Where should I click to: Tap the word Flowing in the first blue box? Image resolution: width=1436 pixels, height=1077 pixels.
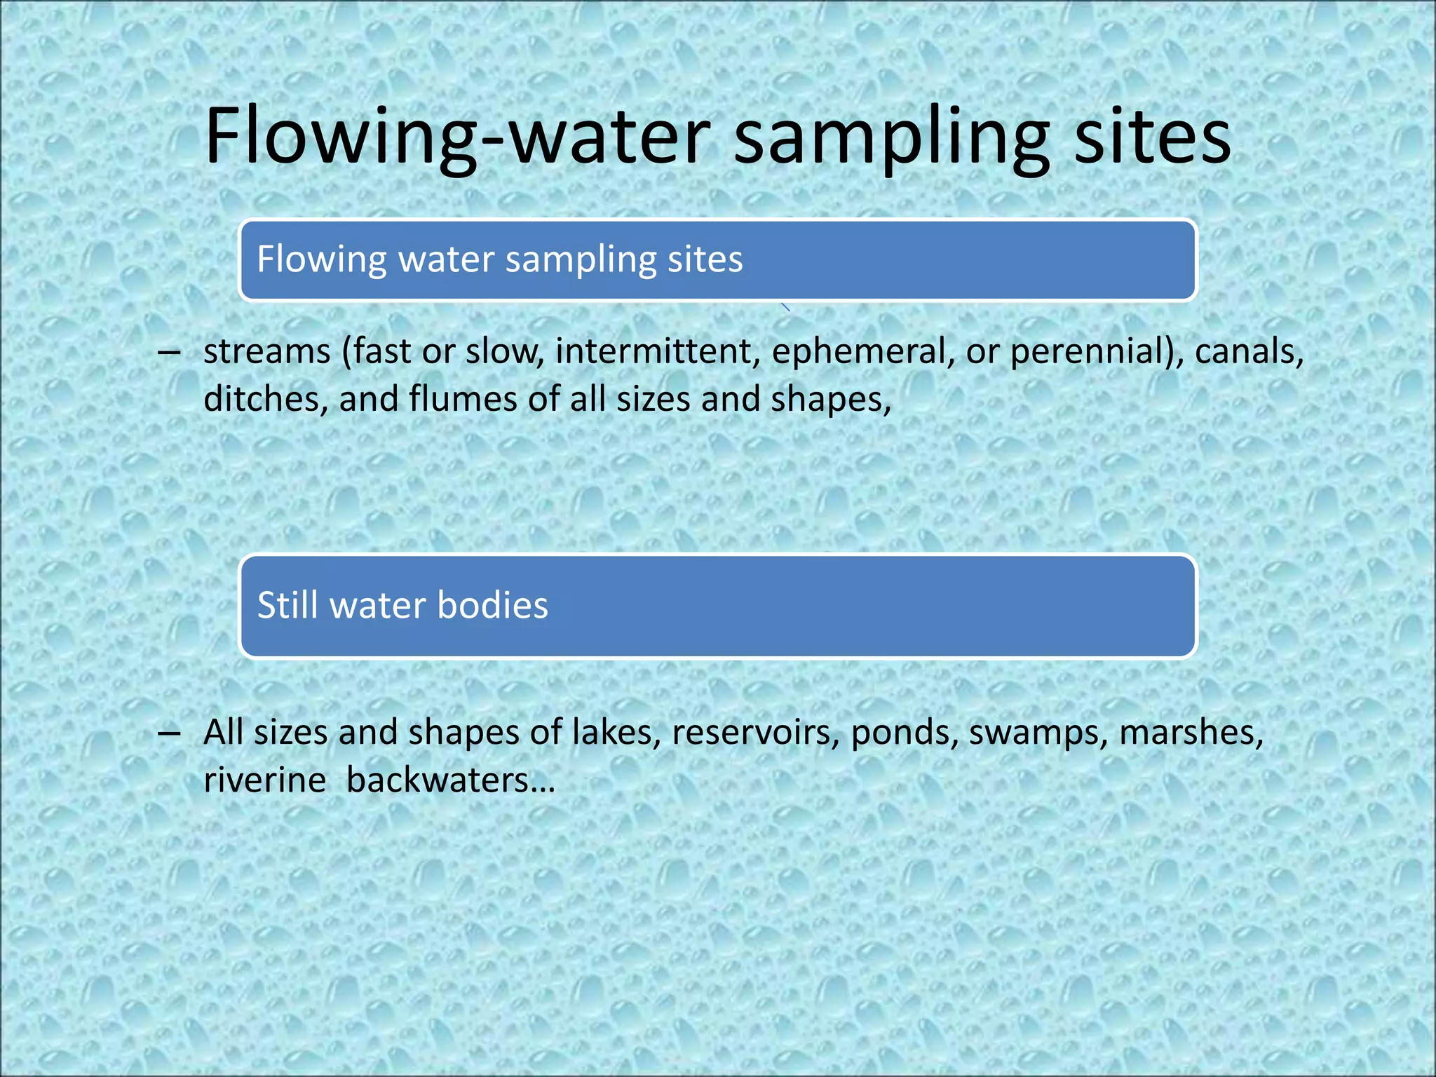(x=321, y=259)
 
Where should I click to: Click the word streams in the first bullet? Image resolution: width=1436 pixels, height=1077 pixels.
(x=266, y=351)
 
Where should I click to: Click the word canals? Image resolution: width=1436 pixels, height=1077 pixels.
(x=1249, y=351)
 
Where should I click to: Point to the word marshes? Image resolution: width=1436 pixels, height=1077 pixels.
(x=1191, y=733)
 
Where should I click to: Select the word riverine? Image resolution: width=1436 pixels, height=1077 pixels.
(x=264, y=780)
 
